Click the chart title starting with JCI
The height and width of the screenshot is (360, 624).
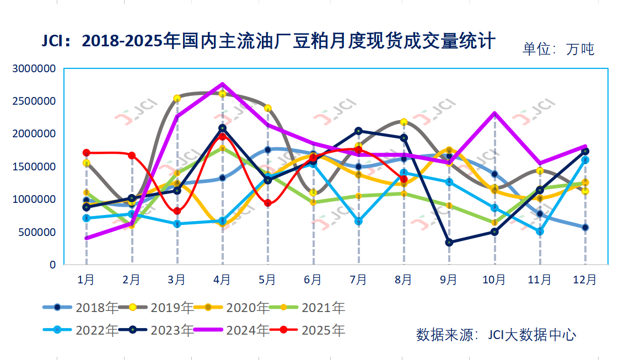pos(269,41)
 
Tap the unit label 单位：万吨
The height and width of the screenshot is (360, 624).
pos(558,49)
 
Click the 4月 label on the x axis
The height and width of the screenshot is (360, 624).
pos(222,280)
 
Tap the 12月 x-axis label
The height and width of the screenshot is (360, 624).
pos(585,280)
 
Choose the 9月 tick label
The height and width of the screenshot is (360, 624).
pos(449,280)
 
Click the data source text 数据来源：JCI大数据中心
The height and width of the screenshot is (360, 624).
pos(496,335)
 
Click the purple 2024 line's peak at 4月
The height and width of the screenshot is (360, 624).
pos(223,84)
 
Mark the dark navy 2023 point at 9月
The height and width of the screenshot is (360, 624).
pos(449,243)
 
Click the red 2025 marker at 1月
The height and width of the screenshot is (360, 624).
pos(87,153)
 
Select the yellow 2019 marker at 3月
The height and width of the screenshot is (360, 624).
pos(177,99)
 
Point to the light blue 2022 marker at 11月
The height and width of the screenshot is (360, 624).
pos(540,232)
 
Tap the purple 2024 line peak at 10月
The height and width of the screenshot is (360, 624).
pos(494,114)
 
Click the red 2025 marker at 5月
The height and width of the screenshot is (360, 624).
pos(268,203)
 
